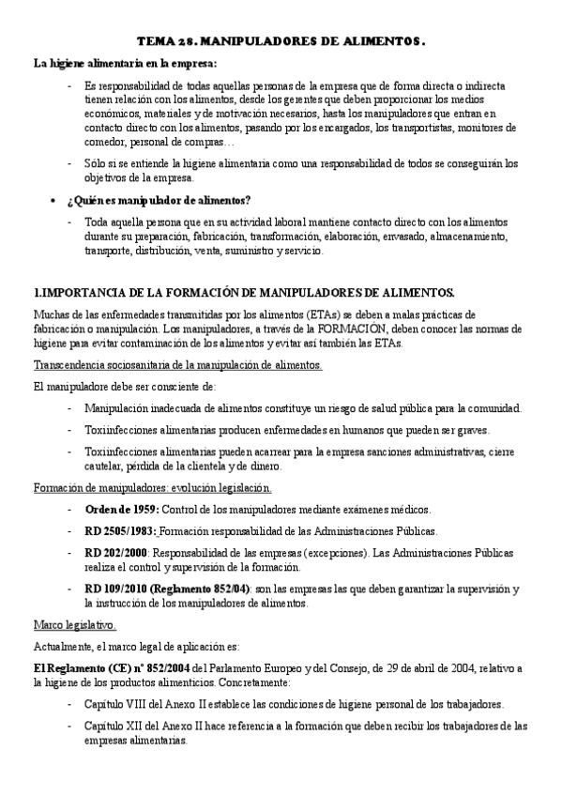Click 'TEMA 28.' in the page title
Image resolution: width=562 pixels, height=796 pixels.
click(166, 42)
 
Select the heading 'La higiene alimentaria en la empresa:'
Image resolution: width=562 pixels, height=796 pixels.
click(125, 63)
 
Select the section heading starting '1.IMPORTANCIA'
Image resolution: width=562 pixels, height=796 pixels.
click(244, 292)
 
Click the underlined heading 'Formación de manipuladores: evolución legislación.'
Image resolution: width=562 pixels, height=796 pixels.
click(153, 487)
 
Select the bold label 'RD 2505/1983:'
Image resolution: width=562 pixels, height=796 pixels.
click(121, 530)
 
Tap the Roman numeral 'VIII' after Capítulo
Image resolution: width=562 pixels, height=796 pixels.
click(129, 703)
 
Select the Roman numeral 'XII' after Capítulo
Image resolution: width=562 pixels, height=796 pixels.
click(127, 725)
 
